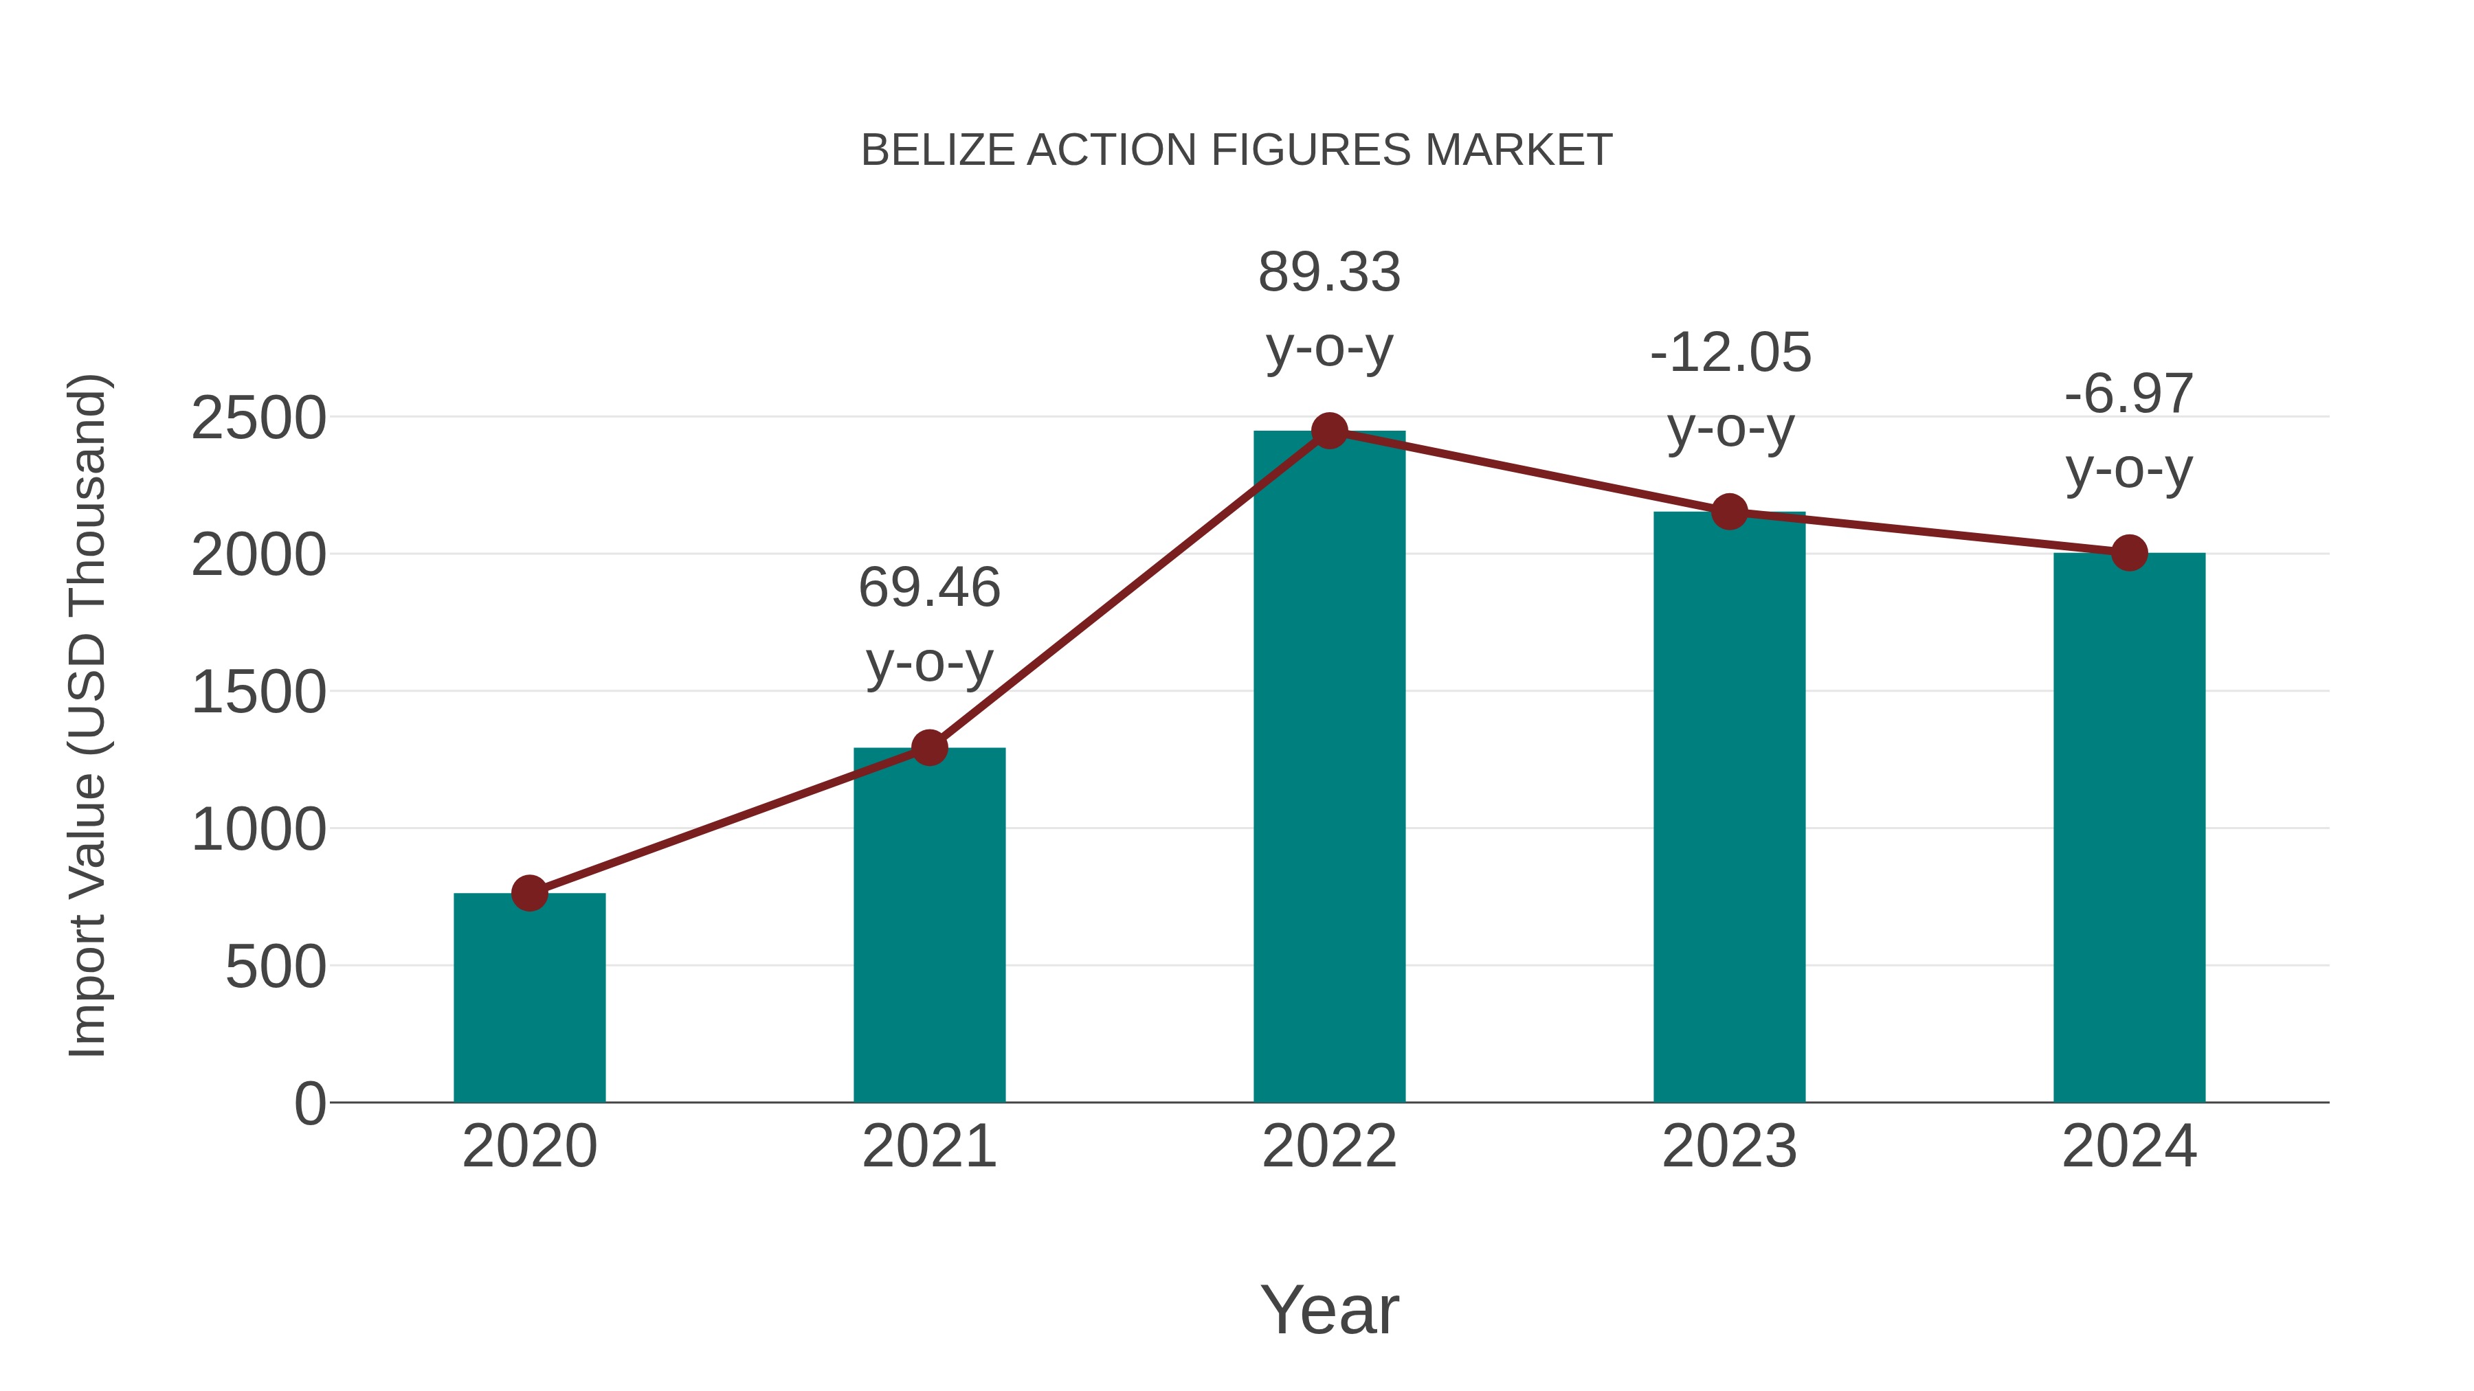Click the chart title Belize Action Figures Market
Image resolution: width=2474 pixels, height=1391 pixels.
(x=1236, y=150)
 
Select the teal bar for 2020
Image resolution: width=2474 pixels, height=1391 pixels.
(x=529, y=998)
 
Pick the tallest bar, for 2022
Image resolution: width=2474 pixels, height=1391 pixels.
(x=1329, y=768)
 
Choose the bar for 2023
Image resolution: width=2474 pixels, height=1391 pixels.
(x=1729, y=806)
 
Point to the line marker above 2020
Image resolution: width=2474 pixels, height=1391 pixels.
(x=529, y=893)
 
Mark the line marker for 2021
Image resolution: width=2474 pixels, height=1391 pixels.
(x=928, y=747)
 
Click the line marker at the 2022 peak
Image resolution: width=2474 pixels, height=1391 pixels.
(x=1329, y=431)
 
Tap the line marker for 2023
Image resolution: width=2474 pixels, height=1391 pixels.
(x=1729, y=512)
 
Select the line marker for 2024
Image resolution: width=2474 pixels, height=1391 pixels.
(x=2129, y=553)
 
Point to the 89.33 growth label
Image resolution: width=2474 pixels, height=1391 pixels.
(x=1329, y=273)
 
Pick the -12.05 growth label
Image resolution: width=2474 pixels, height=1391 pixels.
(x=1730, y=353)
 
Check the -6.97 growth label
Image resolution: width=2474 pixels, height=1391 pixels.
(x=2129, y=394)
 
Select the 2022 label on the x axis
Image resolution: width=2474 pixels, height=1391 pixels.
(x=1329, y=1146)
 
